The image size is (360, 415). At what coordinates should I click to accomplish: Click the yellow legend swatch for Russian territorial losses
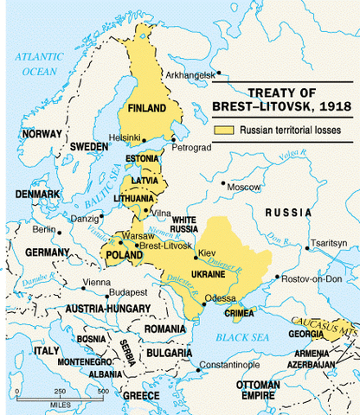point(224,131)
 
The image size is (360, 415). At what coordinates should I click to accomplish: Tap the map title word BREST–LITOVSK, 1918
point(280,107)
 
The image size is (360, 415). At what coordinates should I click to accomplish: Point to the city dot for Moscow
point(224,184)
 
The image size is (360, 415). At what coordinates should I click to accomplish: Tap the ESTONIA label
point(142,158)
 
